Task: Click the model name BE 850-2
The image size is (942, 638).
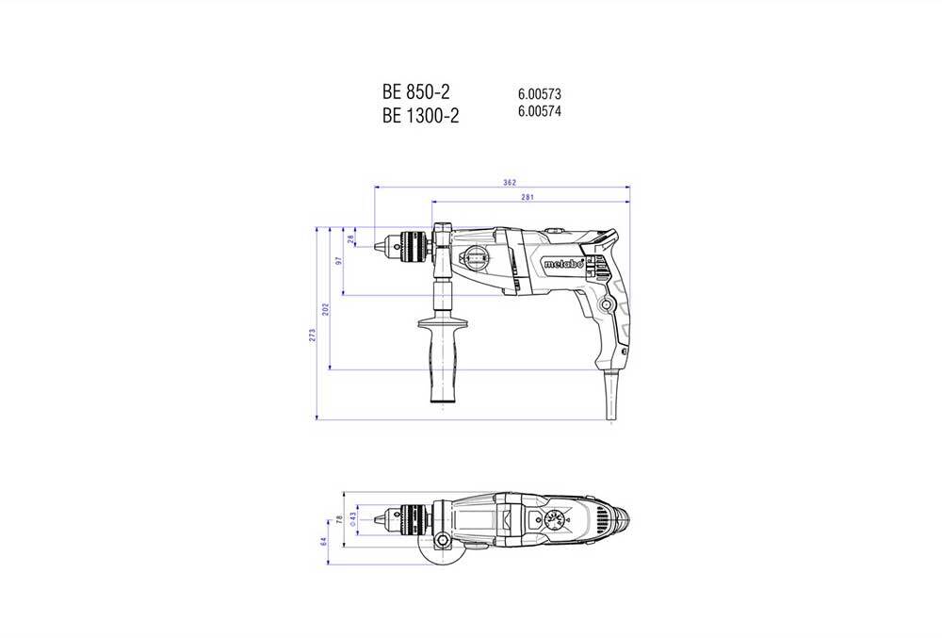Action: [x=416, y=92]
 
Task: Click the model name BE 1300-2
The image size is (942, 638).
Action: [x=421, y=115]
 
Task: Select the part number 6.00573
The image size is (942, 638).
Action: [x=540, y=94]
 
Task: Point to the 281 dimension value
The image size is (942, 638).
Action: [x=528, y=196]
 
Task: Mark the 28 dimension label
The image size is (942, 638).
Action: [x=352, y=239]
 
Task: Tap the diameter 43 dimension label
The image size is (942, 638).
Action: [x=353, y=517]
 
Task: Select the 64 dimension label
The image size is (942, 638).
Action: [x=323, y=542]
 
